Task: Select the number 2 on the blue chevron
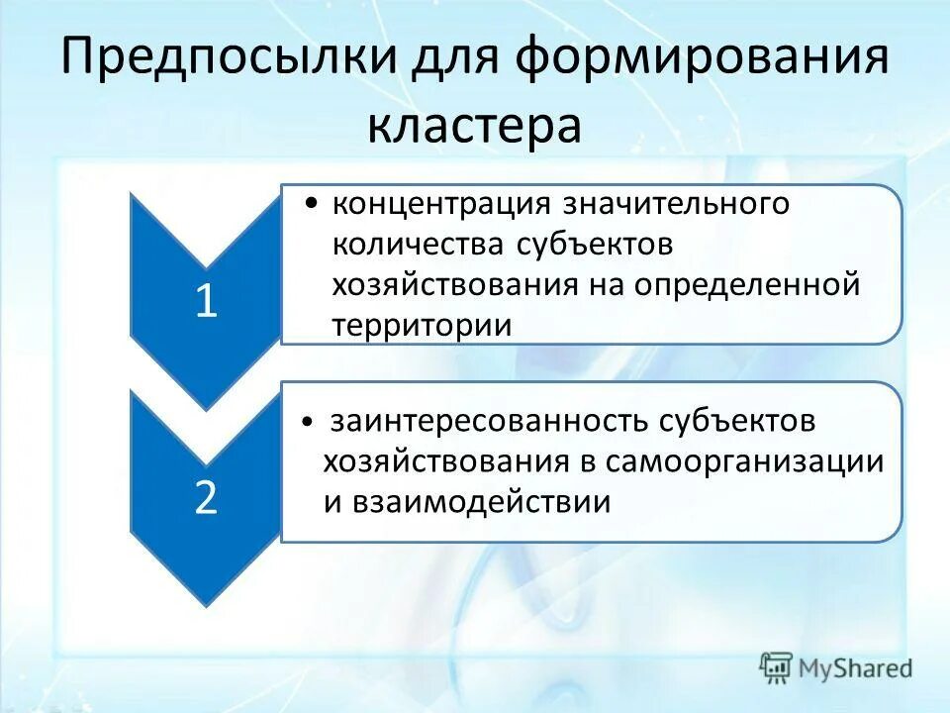click(x=205, y=498)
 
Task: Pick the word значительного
click(x=676, y=205)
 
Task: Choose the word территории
click(x=423, y=325)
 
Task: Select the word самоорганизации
click(x=744, y=461)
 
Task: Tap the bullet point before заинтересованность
click(x=310, y=422)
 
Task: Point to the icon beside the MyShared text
click(x=777, y=668)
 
